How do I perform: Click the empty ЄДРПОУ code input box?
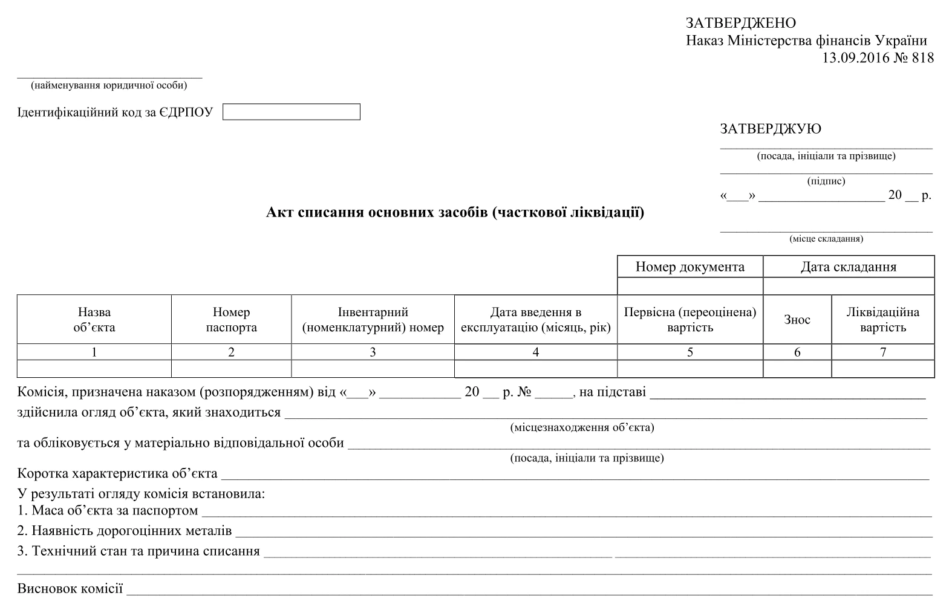coord(291,112)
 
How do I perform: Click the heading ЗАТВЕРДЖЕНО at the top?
coord(740,24)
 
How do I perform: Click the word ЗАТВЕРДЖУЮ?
coord(770,129)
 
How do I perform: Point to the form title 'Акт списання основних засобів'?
coord(455,212)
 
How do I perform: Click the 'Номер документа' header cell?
coord(690,267)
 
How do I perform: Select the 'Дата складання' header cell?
coord(848,267)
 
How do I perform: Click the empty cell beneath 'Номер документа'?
coord(690,285)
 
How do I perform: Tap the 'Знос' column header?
coord(797,320)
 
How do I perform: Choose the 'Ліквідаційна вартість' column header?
coord(882,320)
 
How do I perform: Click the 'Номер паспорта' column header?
coord(231,320)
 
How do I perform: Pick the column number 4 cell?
coord(535,352)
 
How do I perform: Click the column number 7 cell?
coord(882,352)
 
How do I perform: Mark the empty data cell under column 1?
coord(94,368)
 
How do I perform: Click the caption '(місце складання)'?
coord(826,239)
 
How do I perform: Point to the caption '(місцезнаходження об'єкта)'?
coord(582,427)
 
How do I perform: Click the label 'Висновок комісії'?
coord(70,588)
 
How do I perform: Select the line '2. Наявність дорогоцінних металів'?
coord(124,531)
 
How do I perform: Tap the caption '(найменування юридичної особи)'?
coord(109,85)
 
